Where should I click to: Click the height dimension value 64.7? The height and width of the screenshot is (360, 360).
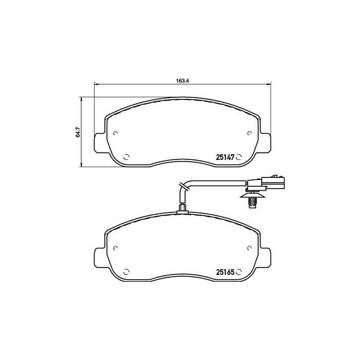coord(78,133)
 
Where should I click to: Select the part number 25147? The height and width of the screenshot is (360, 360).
coord(224,158)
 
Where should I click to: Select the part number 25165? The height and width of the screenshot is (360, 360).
coord(224,273)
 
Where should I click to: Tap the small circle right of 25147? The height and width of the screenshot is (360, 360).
coord(239,158)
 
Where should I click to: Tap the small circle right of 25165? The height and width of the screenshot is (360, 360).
coord(239,273)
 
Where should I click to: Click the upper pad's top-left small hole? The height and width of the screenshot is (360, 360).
coord(116,133)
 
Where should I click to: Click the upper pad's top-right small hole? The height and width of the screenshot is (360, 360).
coord(249,133)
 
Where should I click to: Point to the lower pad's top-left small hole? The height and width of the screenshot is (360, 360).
coord(116,248)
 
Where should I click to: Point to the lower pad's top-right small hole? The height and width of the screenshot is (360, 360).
coord(249,248)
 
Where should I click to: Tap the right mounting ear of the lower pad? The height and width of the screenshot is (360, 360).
coord(264,257)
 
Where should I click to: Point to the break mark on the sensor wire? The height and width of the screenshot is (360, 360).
coord(181,186)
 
